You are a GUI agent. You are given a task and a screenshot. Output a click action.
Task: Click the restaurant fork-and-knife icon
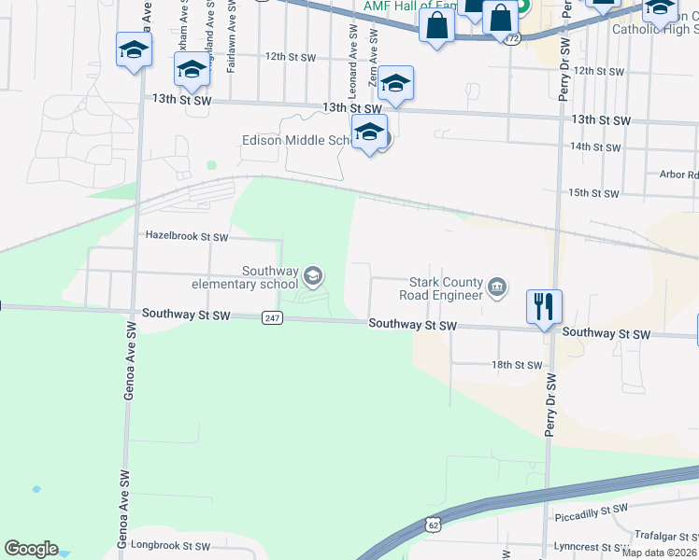544,305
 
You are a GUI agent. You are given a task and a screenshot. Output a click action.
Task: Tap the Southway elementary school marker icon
313,274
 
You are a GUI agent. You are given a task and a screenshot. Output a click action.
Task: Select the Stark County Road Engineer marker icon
498,287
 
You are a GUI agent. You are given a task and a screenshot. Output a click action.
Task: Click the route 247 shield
271,318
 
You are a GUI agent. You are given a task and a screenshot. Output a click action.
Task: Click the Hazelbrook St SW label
187,237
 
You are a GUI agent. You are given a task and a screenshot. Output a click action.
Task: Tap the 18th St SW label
517,365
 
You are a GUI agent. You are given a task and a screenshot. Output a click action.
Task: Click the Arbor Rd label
678,175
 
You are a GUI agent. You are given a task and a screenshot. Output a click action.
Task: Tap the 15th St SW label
594,193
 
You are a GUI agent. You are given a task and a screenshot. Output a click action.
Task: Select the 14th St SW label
595,147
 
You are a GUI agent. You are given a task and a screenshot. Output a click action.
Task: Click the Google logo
31,549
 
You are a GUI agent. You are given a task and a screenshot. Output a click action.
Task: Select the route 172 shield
509,40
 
